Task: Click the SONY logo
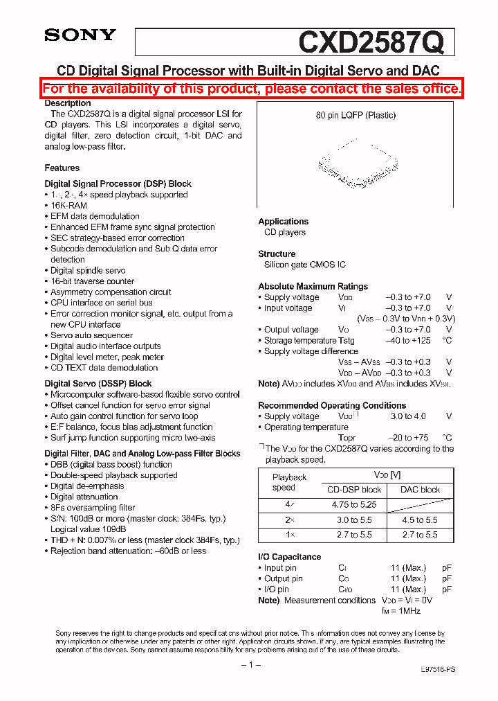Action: click(80, 35)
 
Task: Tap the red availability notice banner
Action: click(252, 89)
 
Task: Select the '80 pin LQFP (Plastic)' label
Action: click(356, 115)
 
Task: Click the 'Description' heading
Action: click(68, 103)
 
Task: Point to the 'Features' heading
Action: click(62, 168)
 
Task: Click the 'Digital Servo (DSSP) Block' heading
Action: click(98, 383)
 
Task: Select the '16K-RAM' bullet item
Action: click(68, 206)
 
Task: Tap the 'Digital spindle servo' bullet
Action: click(88, 270)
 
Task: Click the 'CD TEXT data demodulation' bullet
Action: click(104, 368)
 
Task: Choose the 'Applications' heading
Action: click(284, 222)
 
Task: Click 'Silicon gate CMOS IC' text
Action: click(305, 265)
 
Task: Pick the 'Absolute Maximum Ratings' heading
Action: click(313, 286)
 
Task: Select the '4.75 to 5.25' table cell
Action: click(353, 505)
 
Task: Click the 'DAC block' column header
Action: click(420, 490)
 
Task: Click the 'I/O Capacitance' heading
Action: click(290, 557)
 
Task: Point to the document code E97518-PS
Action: click(438, 670)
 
